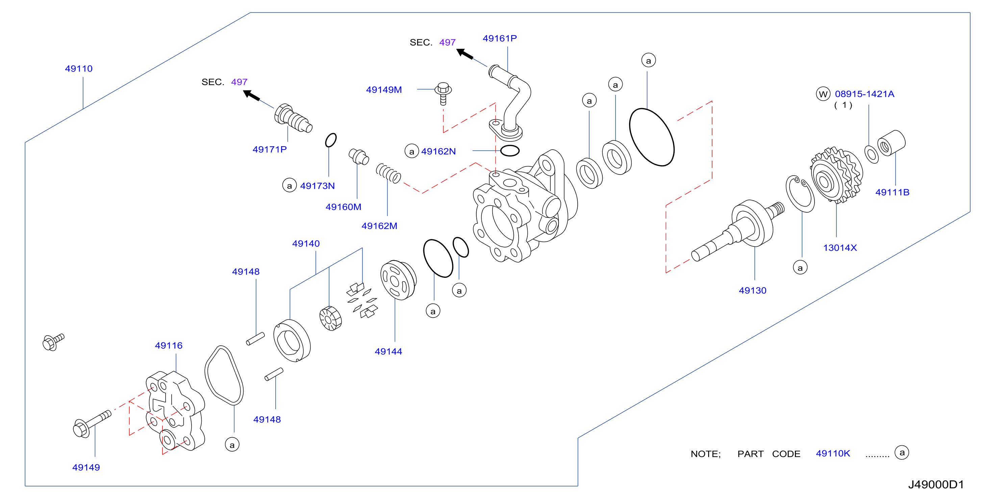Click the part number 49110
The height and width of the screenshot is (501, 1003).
79,69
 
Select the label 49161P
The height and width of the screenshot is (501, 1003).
500,38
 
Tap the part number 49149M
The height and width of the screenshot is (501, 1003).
383,90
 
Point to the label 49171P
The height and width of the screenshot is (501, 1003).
270,149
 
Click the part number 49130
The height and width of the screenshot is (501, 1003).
752,291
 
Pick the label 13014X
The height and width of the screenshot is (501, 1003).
840,248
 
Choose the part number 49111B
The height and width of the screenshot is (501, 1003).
892,192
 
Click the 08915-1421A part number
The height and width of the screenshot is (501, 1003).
864,94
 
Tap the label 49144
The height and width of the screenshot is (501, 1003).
388,352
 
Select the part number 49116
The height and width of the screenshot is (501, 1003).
169,345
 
